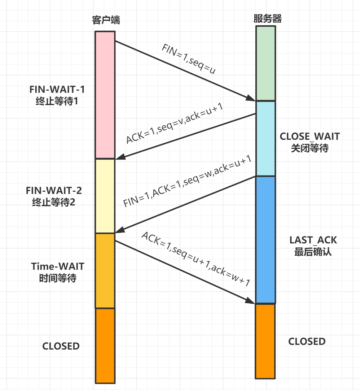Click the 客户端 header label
pyautogui.click(x=105, y=20)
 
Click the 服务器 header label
pyautogui.click(x=267, y=19)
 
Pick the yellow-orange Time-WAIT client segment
pyautogui.click(x=105, y=270)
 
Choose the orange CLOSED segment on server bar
pyautogui.click(x=265, y=341)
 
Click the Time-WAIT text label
pyautogui.click(x=58, y=266)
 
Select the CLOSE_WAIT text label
pyautogui.click(x=309, y=136)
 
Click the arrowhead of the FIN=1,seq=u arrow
pyautogui.click(x=251, y=99)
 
